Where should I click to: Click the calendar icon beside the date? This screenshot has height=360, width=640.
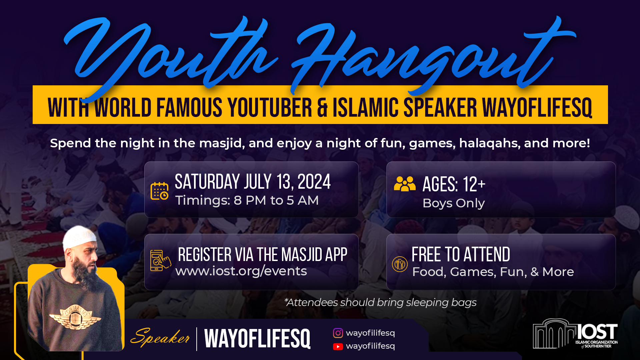pyautogui.click(x=159, y=191)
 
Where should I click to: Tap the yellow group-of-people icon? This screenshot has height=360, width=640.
pyautogui.click(x=405, y=184)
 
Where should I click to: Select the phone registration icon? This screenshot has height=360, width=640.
pyautogui.click(x=160, y=260)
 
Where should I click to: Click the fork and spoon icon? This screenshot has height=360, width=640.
pyautogui.click(x=400, y=264)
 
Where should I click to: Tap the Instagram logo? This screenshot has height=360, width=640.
pyautogui.click(x=338, y=333)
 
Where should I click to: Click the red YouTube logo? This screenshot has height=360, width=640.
pyautogui.click(x=338, y=347)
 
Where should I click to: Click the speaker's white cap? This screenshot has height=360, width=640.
pyautogui.click(x=80, y=237)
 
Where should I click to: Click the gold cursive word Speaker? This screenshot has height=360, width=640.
pyautogui.click(x=160, y=337)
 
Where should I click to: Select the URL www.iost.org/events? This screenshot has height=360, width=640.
pyautogui.click(x=241, y=271)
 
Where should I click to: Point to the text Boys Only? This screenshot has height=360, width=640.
pyautogui.click(x=454, y=203)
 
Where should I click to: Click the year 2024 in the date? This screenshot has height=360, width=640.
pyautogui.click(x=314, y=182)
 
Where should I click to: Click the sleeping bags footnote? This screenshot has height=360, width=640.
pyautogui.click(x=380, y=302)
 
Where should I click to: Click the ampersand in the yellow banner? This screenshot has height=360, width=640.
pyautogui.click(x=322, y=108)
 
